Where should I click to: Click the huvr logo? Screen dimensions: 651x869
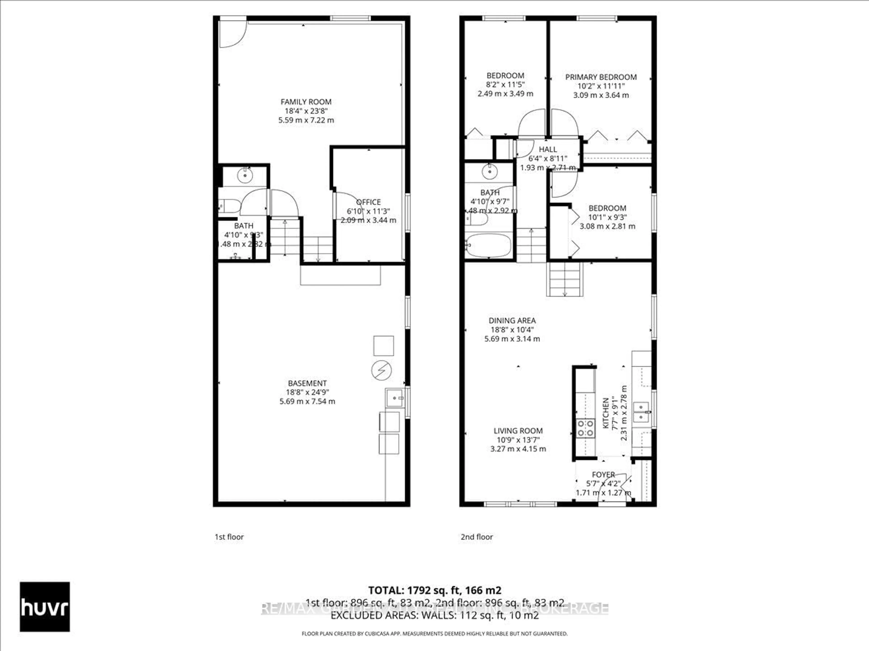tap(45, 607)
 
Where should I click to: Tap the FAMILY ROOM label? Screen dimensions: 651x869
tap(306, 102)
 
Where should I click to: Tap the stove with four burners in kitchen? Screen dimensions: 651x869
tap(585, 428)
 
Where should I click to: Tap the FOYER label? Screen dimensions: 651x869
tap(603, 474)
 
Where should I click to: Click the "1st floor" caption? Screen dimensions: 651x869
tap(229, 537)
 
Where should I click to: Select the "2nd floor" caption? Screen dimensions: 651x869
tap(477, 537)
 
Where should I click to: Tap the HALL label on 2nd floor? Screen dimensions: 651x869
tap(548, 149)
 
